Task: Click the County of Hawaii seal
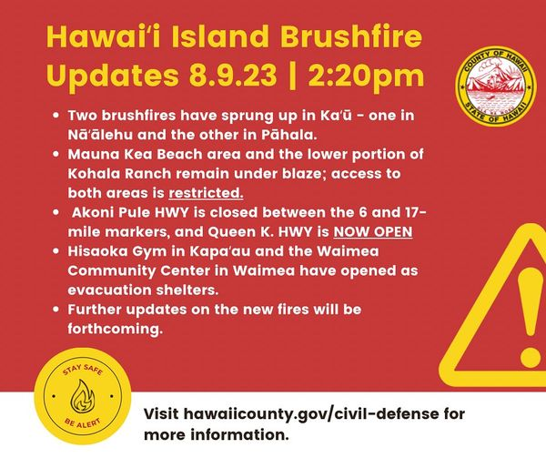pos(497,87)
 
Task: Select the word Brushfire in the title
pos(351,36)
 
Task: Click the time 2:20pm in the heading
pos(366,76)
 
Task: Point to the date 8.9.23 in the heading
pos(233,76)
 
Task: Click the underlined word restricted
pos(206,193)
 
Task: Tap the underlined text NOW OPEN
pos(373,231)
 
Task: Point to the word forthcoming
pos(116,329)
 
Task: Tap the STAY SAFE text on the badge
pos(83,370)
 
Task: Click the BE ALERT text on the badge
pos(83,422)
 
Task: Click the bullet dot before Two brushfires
pos(56,116)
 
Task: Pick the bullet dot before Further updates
pos(56,310)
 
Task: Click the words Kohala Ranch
pos(119,173)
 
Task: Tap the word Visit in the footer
pos(161,414)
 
